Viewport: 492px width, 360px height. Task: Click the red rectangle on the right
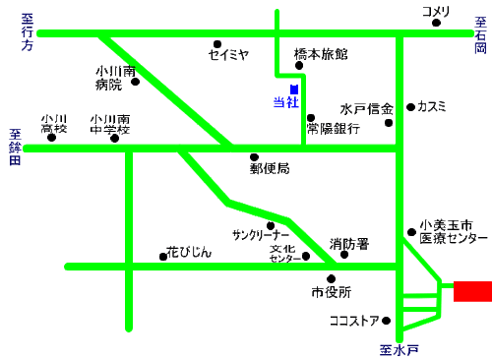pos(472,291)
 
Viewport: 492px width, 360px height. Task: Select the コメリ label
pos(436,12)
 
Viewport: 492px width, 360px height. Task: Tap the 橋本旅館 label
pos(321,54)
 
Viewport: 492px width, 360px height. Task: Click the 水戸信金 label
pos(367,108)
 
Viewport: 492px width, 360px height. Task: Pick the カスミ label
pos(432,106)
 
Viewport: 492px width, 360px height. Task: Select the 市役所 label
pos(332,292)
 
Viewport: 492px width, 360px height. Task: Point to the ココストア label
pos(354,321)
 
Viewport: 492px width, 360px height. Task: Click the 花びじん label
pos(189,253)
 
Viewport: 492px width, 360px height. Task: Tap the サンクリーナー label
pos(261,236)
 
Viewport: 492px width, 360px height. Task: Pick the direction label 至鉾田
pos(14,148)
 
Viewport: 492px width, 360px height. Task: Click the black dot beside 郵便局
pos(254,156)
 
